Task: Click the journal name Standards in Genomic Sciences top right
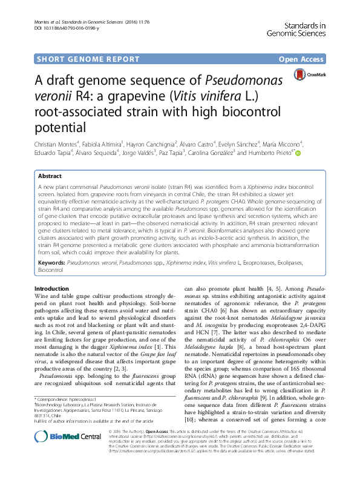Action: pyautogui.click(x=301, y=28)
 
